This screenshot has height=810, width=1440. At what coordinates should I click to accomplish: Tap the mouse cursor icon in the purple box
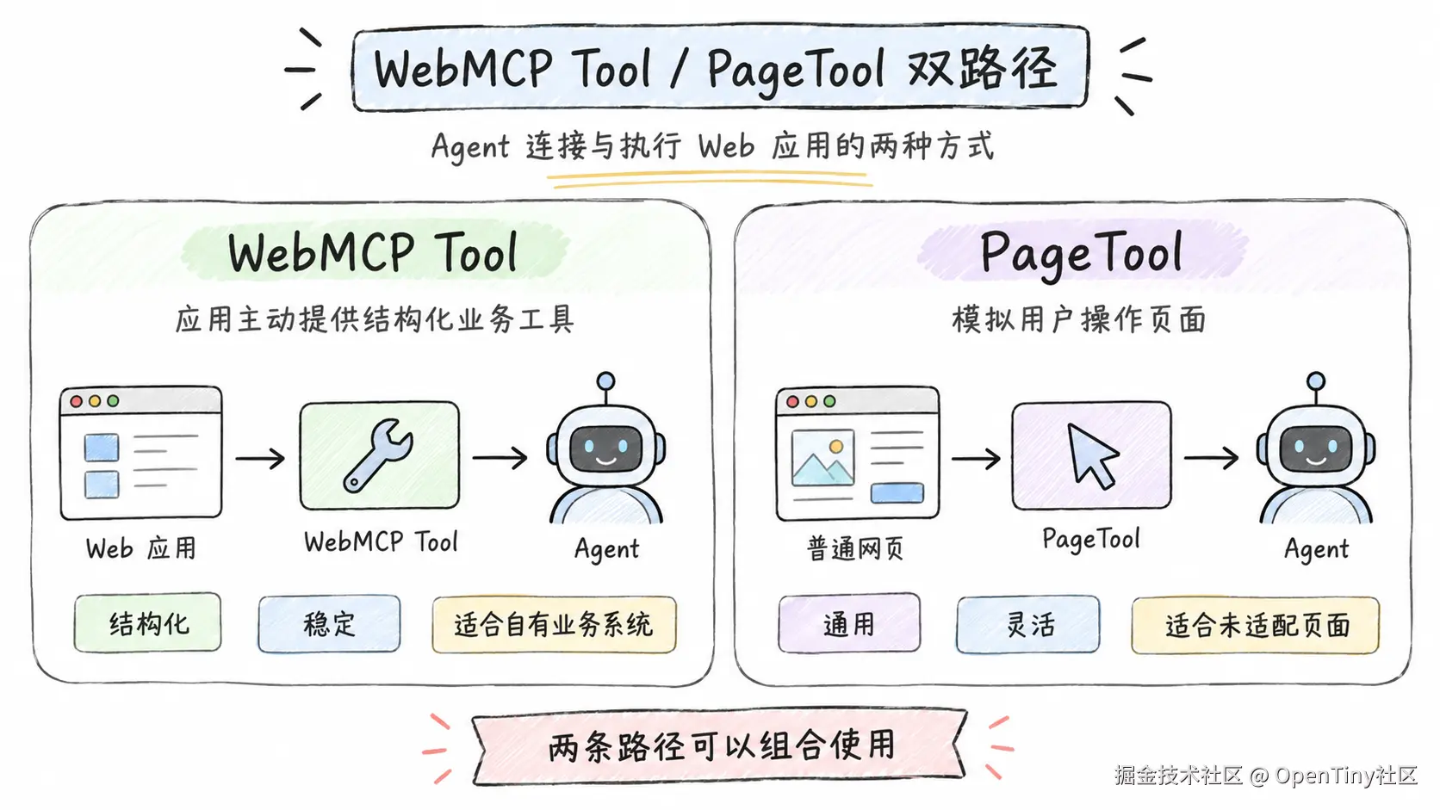1091,454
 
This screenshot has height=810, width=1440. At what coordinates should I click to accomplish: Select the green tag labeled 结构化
148,623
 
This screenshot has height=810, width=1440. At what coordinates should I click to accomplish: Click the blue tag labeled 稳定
329,624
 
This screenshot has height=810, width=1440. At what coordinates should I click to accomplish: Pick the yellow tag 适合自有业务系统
554,625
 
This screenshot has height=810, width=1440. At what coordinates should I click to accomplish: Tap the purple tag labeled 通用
849,624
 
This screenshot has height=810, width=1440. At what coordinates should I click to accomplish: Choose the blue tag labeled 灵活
1028,625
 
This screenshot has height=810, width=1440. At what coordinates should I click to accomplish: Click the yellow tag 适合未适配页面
1256,626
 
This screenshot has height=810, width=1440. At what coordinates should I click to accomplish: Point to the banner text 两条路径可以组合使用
721,745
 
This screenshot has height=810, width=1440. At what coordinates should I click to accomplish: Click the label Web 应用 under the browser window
140,548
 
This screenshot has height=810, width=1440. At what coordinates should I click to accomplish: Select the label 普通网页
855,549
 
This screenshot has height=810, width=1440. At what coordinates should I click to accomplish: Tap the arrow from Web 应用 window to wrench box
260,459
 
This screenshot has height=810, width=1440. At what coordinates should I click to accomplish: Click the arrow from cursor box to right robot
1211,458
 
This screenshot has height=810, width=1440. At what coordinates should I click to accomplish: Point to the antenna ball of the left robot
605,381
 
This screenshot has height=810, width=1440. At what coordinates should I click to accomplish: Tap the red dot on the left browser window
76,401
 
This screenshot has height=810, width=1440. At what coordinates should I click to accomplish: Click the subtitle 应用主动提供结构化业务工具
375,319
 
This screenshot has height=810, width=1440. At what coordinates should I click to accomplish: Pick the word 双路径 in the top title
983,68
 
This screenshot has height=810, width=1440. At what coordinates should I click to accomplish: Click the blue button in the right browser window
897,492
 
